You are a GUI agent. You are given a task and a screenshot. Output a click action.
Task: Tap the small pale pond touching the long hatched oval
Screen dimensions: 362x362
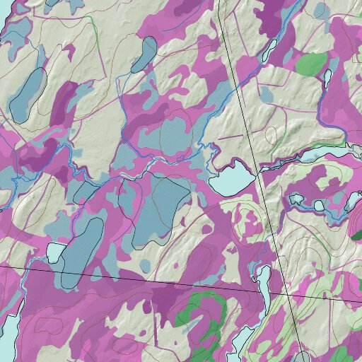54,252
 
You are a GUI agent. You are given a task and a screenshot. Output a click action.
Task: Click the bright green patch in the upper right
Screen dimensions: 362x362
311,64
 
